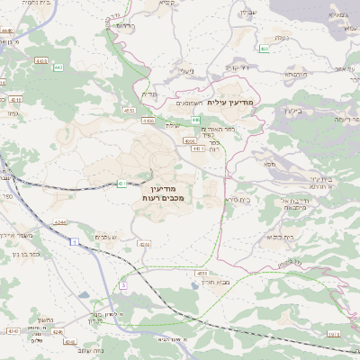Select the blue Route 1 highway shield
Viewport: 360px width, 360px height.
(70, 243)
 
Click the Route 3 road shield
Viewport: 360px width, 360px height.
(122, 285)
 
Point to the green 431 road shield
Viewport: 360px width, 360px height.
(121, 184)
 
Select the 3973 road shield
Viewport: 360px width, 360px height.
(334, 334)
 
